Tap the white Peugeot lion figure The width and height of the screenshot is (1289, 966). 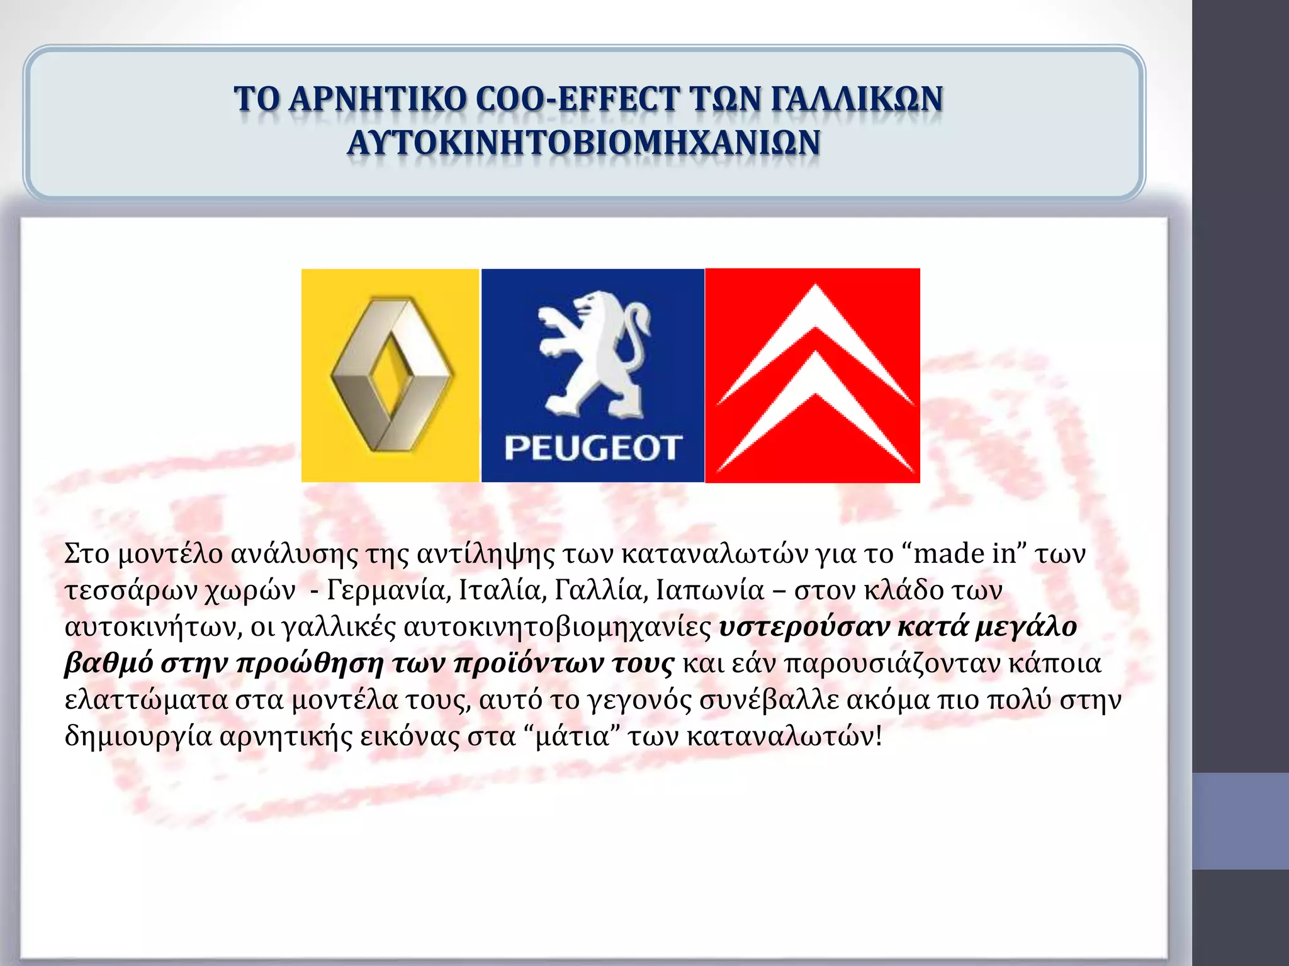pos(593,352)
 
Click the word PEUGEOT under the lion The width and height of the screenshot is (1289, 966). pos(592,448)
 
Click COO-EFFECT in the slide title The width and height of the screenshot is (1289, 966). pos(578,99)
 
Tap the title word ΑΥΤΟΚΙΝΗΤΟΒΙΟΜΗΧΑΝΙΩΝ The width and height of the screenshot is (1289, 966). pos(583,142)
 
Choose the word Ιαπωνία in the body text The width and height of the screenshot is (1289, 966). pos(709,591)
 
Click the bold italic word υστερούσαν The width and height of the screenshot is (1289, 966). pos(804,627)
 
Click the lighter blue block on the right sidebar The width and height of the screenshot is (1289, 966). pos(1240,821)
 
